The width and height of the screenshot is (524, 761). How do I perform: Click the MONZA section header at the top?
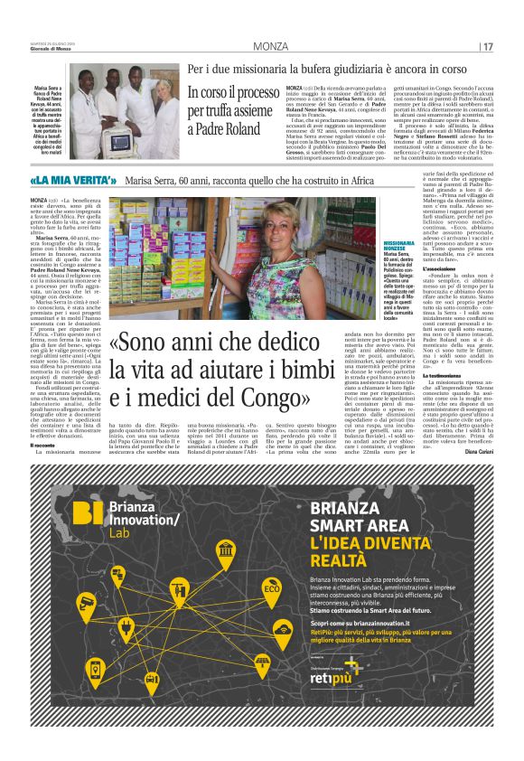(269, 46)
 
